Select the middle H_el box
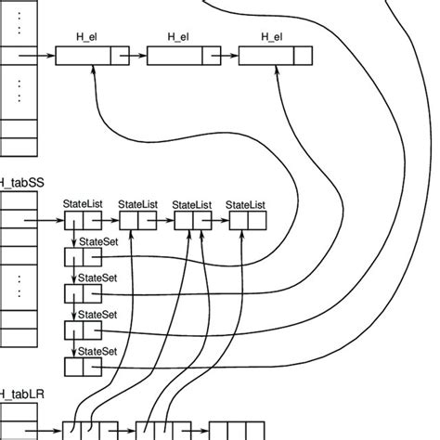178,56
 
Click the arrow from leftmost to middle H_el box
136,56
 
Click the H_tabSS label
22,183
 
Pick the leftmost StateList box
82,222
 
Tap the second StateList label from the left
138,204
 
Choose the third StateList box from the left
192,222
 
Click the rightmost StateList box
246,222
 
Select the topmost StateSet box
82,257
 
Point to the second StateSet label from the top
97,278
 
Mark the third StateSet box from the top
82,330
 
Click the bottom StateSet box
82,367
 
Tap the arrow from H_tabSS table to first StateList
50,222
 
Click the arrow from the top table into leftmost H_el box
38,56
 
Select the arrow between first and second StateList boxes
110,222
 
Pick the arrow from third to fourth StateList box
219,222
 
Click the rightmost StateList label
246,204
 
